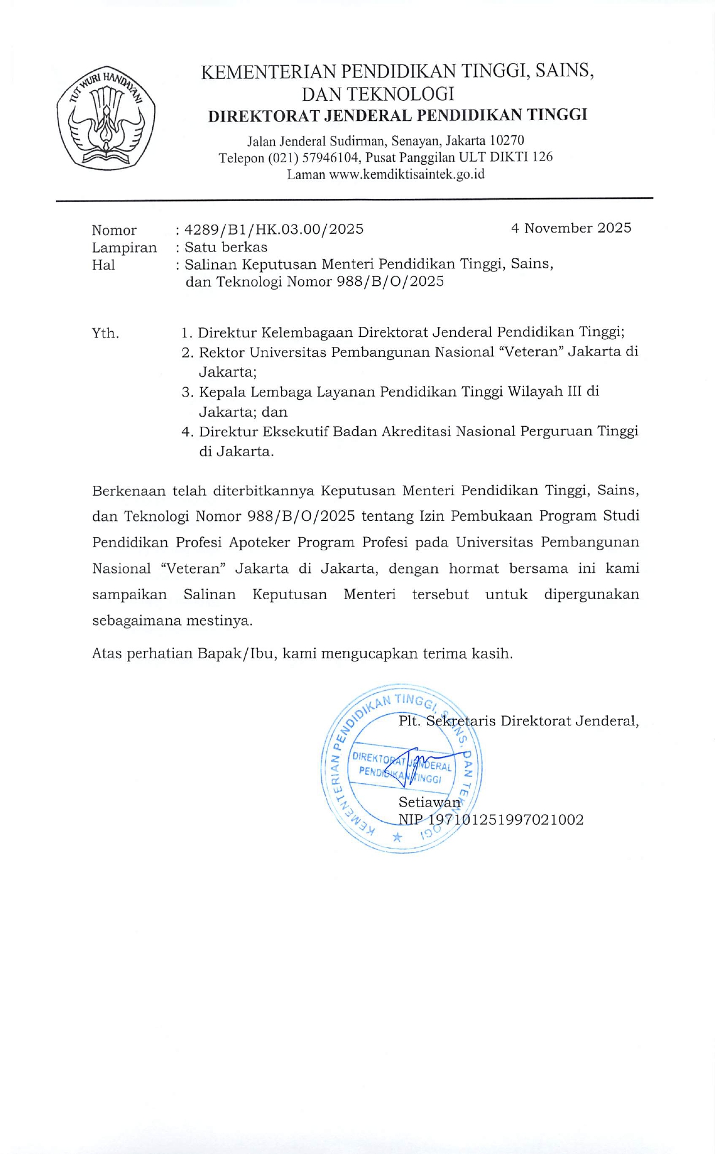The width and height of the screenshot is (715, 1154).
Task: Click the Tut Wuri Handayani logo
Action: [x=106, y=119]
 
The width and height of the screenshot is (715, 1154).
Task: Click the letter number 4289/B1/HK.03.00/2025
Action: [x=274, y=229]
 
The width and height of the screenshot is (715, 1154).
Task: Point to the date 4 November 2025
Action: [x=571, y=227]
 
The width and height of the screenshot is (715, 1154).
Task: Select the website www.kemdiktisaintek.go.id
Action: [x=407, y=174]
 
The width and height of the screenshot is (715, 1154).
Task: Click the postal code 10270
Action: [x=507, y=140]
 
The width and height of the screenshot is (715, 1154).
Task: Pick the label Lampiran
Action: [x=124, y=248]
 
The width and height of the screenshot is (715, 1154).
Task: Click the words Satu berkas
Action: [x=226, y=247]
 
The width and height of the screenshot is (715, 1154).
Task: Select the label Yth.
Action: [x=105, y=334]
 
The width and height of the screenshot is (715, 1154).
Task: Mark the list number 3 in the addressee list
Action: [x=186, y=392]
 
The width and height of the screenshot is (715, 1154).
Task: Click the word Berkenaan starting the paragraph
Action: [x=129, y=491]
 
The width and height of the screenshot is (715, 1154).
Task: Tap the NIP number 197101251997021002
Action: [x=506, y=820]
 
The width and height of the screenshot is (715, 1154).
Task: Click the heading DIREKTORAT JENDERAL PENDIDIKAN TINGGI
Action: [x=397, y=115]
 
